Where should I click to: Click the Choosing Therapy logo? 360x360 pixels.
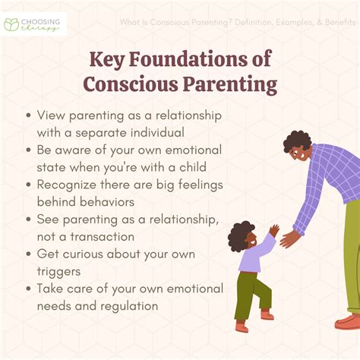click(x=34, y=24)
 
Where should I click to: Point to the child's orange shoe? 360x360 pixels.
click(x=242, y=327)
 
